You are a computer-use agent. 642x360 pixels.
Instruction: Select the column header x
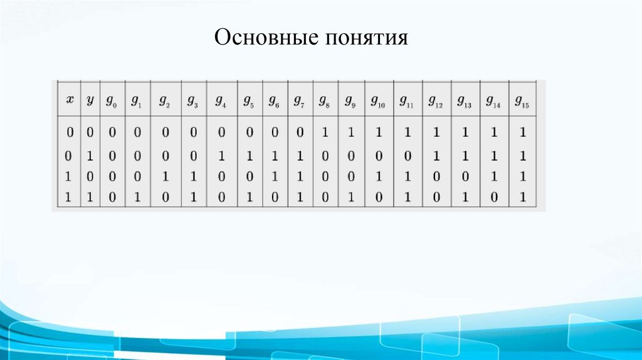(x=70, y=100)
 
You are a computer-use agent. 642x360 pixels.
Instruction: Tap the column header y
(x=90, y=100)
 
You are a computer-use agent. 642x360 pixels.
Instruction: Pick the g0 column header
(x=112, y=101)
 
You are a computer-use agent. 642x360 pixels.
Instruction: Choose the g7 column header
(x=299, y=101)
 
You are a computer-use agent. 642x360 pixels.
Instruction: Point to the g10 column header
(x=377, y=101)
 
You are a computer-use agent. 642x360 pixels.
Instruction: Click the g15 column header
(x=522, y=101)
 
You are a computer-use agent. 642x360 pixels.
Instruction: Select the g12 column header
(x=435, y=101)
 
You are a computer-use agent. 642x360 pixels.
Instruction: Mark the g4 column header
(x=221, y=101)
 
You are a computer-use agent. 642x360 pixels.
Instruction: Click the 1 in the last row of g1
(x=137, y=198)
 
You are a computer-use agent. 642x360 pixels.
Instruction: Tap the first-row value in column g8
(x=324, y=132)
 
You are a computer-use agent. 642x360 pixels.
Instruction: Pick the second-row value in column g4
(x=221, y=156)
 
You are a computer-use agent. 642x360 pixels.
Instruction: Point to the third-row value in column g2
(x=165, y=177)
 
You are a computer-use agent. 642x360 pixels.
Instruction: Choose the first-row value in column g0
(x=110, y=132)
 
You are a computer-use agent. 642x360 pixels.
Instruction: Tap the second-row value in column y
(x=90, y=156)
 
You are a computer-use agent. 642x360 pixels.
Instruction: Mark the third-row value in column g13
(x=465, y=177)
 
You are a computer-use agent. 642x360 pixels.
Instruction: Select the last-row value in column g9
(x=350, y=198)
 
